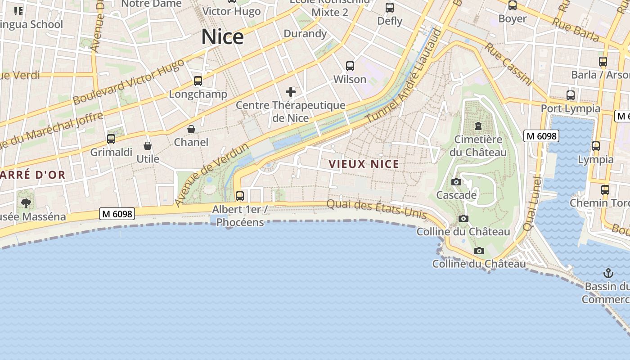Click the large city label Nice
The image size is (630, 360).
(x=222, y=37)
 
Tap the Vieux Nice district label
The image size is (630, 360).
(x=364, y=164)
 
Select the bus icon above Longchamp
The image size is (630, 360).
(x=198, y=81)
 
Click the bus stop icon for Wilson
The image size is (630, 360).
(x=350, y=66)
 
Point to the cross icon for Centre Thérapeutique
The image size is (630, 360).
(x=291, y=92)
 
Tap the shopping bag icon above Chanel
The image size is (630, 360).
(x=191, y=130)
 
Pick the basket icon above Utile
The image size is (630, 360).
(x=148, y=146)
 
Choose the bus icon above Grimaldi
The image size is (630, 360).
(x=111, y=139)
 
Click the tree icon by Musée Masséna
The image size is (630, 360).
(x=26, y=203)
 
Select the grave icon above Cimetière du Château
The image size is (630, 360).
(x=478, y=126)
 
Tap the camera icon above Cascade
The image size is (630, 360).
(x=456, y=182)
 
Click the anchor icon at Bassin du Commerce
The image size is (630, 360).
(x=608, y=273)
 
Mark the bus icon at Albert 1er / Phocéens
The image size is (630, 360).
(x=240, y=196)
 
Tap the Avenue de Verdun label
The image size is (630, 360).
(x=211, y=175)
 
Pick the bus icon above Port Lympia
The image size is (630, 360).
(x=571, y=95)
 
